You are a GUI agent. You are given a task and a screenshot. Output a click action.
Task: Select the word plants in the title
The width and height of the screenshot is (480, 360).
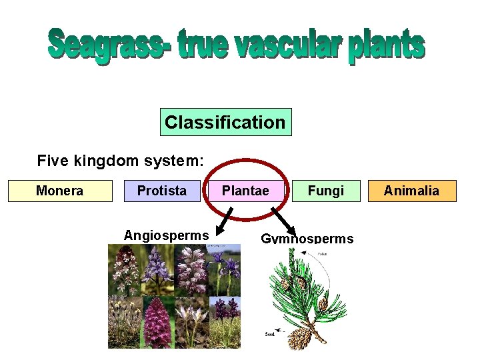386,47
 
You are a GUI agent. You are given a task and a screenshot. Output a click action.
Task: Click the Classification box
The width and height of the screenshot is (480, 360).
225,122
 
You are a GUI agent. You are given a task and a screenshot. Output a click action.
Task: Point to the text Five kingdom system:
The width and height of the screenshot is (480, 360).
121,161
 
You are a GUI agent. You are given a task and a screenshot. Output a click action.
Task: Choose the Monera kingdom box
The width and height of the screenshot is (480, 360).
60,191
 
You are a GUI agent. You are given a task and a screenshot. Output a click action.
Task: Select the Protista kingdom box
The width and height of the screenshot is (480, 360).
162,191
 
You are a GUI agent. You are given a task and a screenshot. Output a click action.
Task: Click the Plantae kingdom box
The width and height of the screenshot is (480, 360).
245,191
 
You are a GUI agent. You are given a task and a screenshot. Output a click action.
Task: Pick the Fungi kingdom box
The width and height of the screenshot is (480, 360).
326,191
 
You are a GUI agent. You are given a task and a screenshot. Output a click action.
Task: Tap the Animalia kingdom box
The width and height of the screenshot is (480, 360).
411,191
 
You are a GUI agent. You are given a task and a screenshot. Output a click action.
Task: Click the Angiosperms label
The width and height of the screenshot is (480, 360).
166,235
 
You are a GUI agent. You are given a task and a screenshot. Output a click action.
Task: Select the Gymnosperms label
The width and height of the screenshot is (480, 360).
307,239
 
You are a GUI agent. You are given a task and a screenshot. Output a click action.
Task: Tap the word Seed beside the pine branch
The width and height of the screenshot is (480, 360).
271,333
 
